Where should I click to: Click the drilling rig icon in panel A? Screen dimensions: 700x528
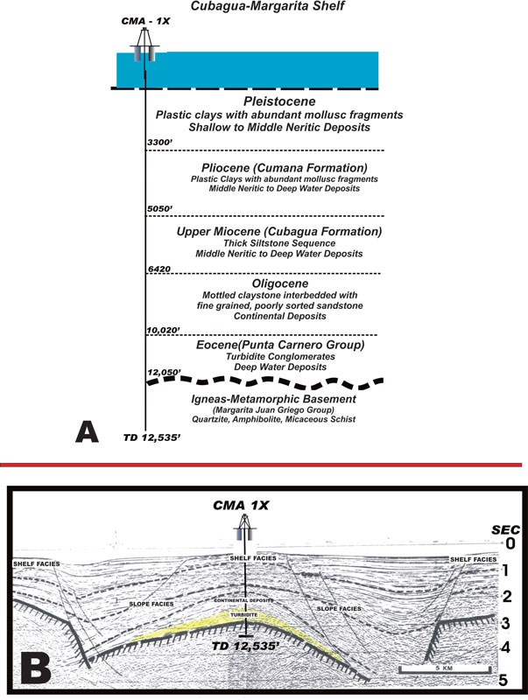(x=143, y=52)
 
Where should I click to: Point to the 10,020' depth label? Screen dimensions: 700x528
(x=165, y=329)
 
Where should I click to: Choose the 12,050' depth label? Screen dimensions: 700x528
(x=165, y=373)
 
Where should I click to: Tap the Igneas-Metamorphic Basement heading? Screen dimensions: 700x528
(x=267, y=398)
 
